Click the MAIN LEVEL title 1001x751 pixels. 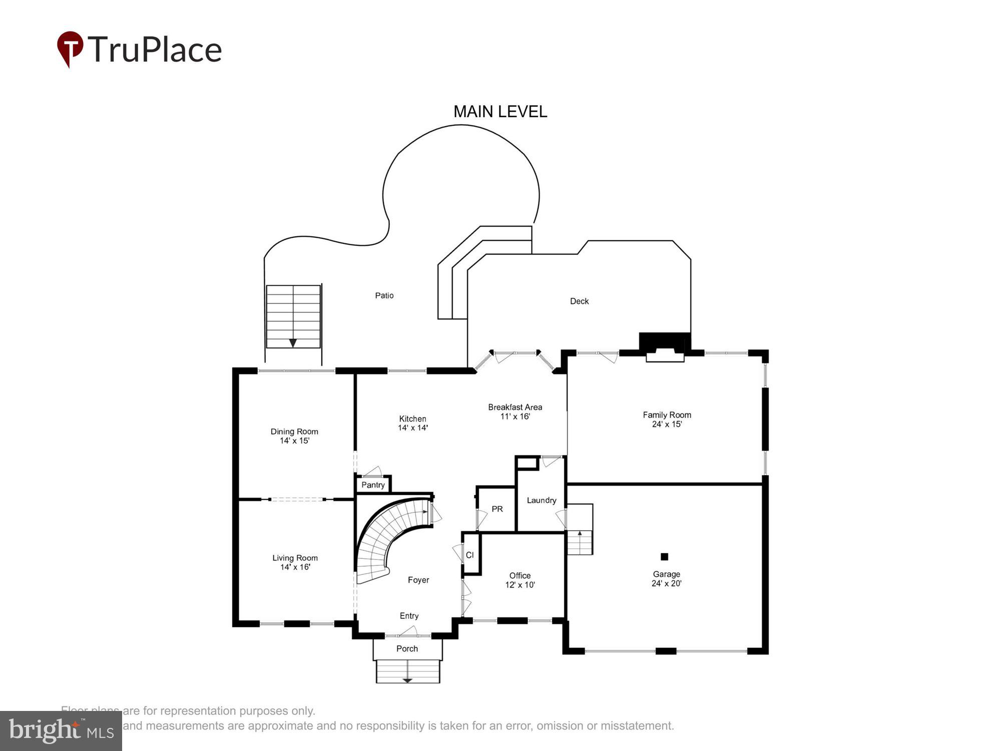click(x=500, y=112)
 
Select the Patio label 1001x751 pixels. click(x=384, y=295)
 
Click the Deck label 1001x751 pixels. click(x=579, y=301)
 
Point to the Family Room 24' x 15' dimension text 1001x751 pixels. click(x=667, y=424)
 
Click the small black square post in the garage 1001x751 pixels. click(x=664, y=556)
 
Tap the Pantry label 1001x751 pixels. click(x=373, y=485)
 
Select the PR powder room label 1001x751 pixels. click(x=497, y=509)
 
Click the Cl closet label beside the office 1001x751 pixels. click(x=469, y=555)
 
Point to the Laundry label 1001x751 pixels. click(x=541, y=500)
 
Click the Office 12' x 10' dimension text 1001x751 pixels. click(x=520, y=585)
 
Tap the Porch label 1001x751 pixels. click(x=407, y=648)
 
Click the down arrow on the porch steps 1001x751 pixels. click(x=407, y=680)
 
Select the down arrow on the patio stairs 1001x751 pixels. click(x=293, y=343)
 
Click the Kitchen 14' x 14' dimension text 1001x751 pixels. click(x=412, y=428)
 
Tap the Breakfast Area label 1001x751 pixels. click(x=515, y=407)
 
